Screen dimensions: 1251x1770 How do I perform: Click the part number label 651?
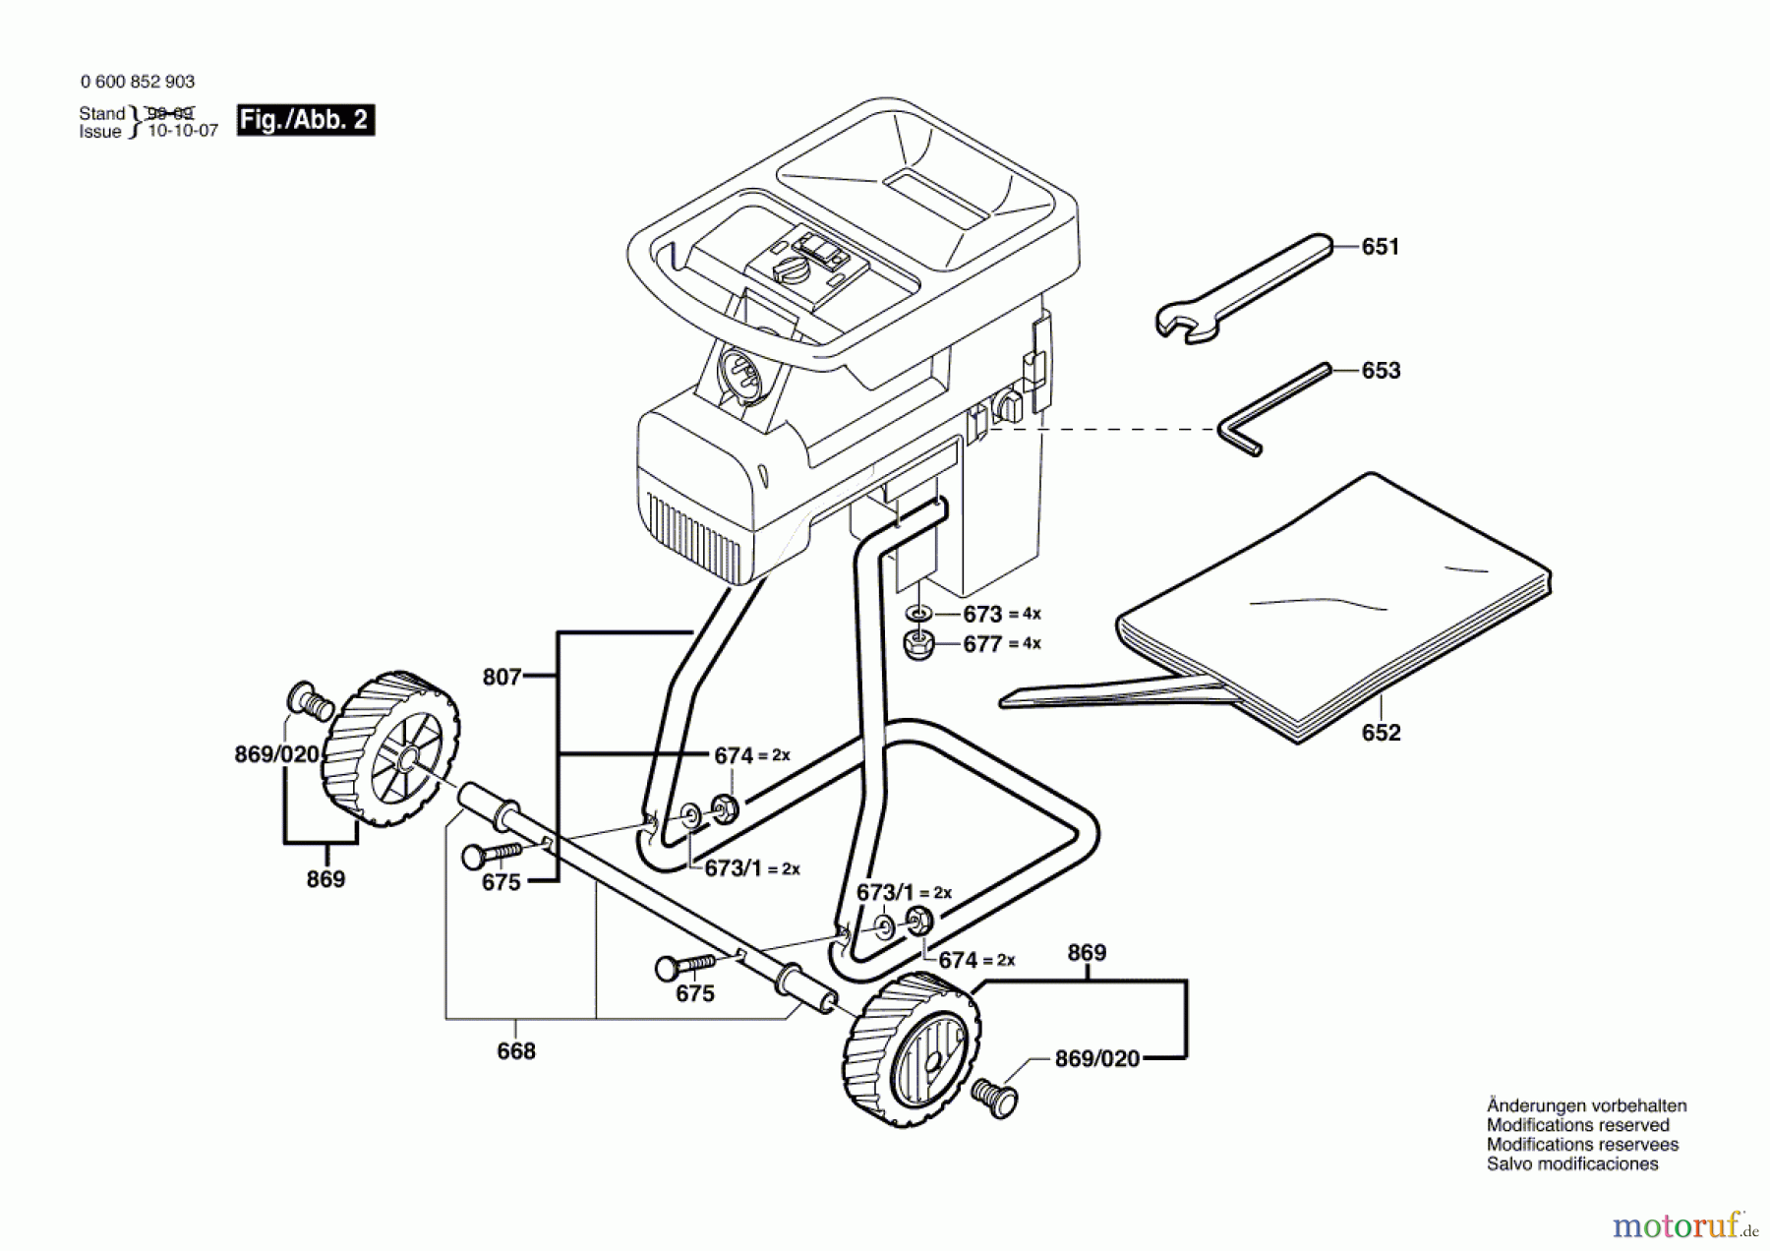(1380, 247)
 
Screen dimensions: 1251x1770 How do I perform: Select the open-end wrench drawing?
(1241, 289)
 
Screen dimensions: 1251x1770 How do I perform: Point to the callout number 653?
(1381, 371)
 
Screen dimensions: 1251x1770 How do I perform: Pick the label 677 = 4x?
(1001, 644)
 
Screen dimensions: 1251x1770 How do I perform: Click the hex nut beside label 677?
(918, 645)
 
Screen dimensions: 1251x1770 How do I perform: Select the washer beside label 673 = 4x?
(918, 614)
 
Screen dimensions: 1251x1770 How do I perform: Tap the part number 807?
(501, 677)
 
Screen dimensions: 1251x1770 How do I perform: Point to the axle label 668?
(516, 1051)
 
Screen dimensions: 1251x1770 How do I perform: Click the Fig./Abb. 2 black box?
(305, 120)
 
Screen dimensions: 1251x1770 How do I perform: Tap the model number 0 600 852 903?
(138, 82)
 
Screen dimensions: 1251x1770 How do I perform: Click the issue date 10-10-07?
(183, 131)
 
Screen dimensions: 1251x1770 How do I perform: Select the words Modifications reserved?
(1577, 1125)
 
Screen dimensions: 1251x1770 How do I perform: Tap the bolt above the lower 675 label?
(685, 966)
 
